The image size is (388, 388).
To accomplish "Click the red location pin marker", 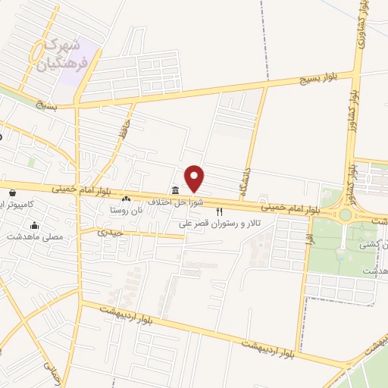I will [196, 179].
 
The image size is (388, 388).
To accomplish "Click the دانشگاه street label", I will [247, 175].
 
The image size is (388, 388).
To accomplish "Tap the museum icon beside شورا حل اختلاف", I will [175, 190].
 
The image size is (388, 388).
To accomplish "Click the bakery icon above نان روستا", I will [127, 199].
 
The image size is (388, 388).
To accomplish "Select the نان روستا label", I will [126, 210].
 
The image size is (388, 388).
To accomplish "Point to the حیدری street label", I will [109, 233].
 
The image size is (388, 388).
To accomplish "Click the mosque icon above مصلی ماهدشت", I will [34, 225].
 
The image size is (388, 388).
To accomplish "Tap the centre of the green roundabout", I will [346, 214].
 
